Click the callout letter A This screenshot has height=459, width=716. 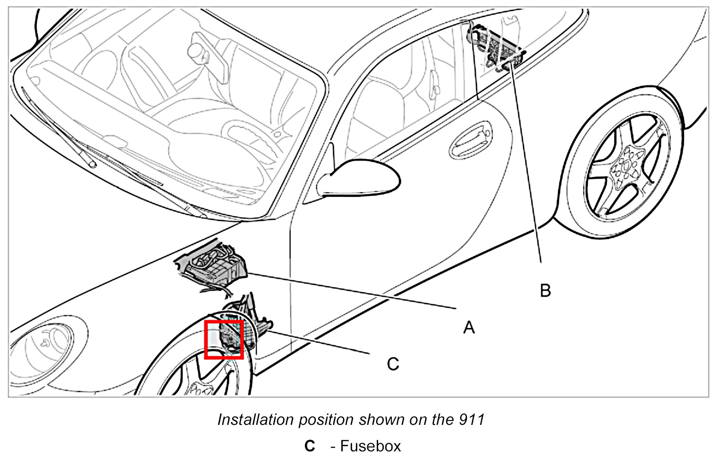(x=468, y=327)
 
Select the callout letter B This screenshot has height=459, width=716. (x=545, y=290)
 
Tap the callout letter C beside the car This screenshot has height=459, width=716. (x=393, y=364)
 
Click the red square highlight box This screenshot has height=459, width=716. (x=224, y=339)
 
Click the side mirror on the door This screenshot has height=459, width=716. (x=358, y=179)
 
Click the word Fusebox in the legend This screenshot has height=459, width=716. (x=370, y=446)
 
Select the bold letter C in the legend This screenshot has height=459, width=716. (x=309, y=446)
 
